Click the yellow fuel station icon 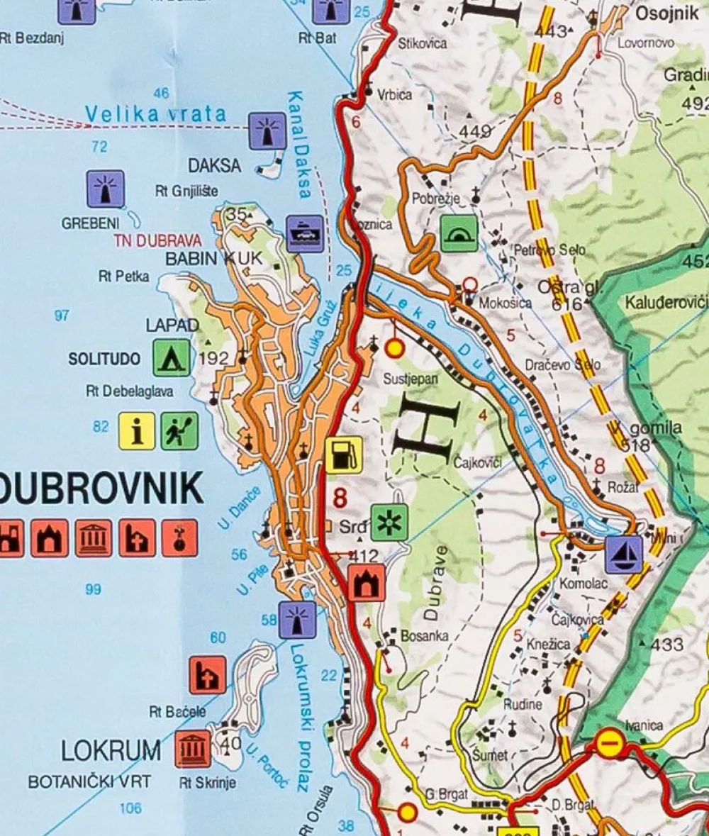pyautogui.click(x=344, y=455)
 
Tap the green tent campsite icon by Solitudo pyautogui.click(x=172, y=357)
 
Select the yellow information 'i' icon pyautogui.click(x=136, y=431)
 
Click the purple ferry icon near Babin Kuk pyautogui.click(x=306, y=234)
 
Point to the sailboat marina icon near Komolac pyautogui.click(x=624, y=554)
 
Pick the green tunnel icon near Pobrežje pyautogui.click(x=459, y=234)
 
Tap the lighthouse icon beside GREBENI pyautogui.click(x=105, y=189)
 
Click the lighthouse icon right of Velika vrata pyautogui.click(x=267, y=130)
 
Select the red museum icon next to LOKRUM pyautogui.click(x=193, y=749)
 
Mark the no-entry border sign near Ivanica pyautogui.click(x=608, y=744)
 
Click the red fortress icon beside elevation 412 pyautogui.click(x=367, y=583)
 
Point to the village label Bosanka pyautogui.click(x=425, y=636)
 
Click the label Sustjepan pyautogui.click(x=411, y=379)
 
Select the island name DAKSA pyautogui.click(x=214, y=166)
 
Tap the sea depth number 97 pyautogui.click(x=62, y=316)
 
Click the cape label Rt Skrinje pyautogui.click(x=207, y=783)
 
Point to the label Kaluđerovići pyautogui.click(x=666, y=303)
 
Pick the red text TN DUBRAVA pyautogui.click(x=157, y=240)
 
